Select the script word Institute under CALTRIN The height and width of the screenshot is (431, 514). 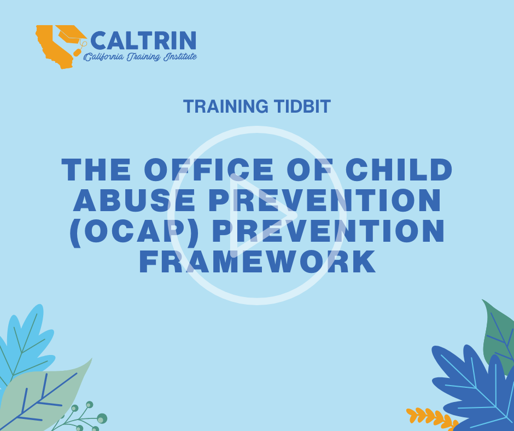180,56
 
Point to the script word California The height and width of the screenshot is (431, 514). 104,57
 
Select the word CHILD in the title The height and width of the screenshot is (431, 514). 399,170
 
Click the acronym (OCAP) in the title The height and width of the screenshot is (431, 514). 134,231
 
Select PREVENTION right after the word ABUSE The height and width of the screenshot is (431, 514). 325,200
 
